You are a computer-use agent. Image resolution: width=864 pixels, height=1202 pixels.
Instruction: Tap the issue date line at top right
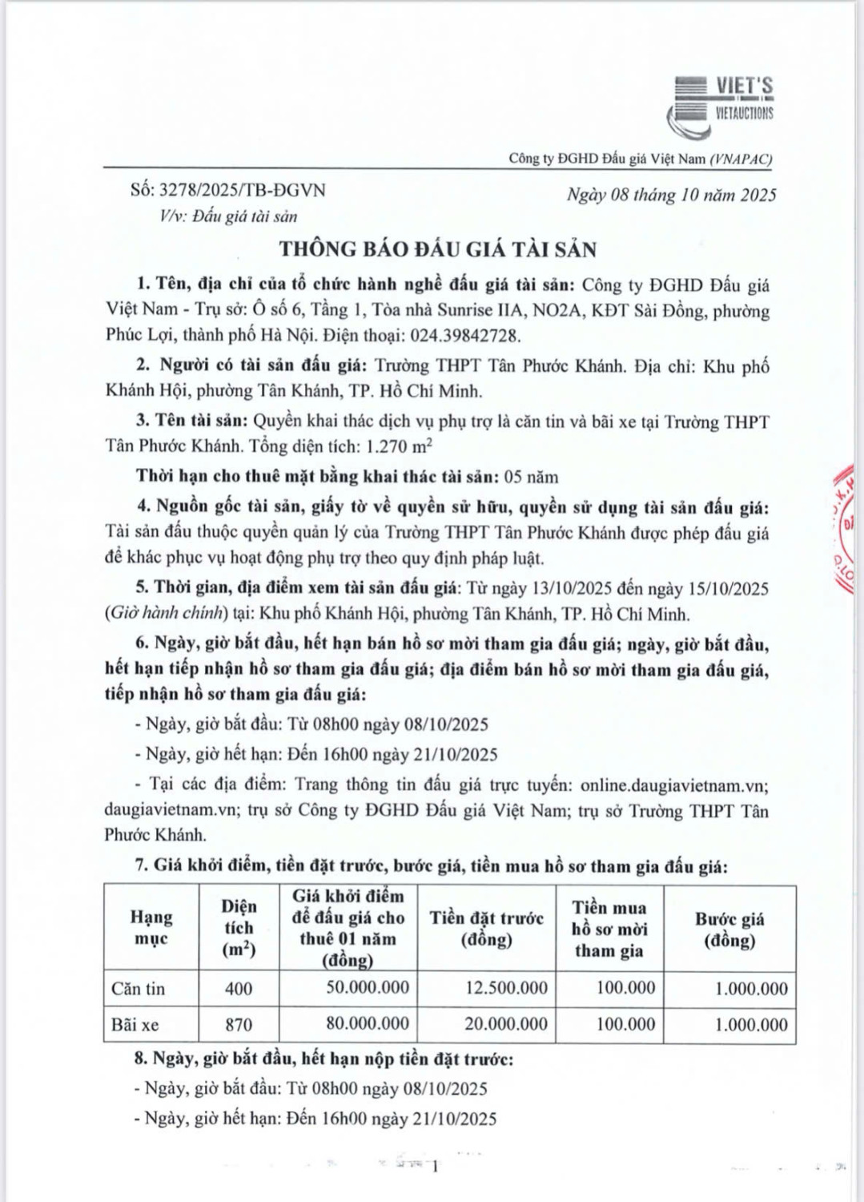671,195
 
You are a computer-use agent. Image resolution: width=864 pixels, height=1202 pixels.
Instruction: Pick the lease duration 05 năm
531,476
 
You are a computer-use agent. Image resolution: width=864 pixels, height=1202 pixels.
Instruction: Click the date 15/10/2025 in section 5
728,589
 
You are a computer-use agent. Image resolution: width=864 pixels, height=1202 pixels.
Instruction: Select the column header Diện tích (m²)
239,928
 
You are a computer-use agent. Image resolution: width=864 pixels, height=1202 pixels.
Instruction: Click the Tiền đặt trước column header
486,928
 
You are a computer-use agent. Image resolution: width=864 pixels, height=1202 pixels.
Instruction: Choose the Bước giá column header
729,929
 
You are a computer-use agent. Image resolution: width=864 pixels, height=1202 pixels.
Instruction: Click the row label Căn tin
138,989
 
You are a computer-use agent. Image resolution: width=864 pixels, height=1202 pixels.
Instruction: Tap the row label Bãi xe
135,1025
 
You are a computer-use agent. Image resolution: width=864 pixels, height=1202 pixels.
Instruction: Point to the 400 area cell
239,989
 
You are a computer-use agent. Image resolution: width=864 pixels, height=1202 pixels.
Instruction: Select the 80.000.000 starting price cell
368,1023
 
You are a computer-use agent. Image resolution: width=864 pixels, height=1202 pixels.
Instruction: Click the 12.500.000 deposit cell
506,988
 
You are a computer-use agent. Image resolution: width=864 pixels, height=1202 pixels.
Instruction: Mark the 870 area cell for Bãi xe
239,1025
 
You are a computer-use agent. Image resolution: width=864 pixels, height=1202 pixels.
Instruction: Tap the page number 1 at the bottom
435,1168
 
